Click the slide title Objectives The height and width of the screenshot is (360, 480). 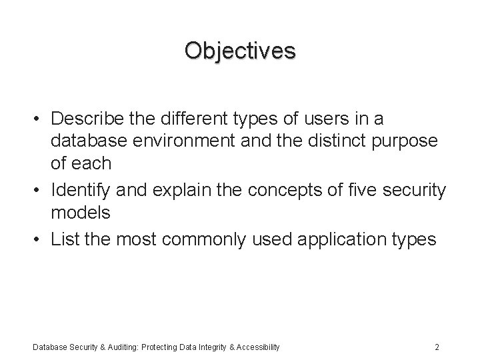click(x=240, y=51)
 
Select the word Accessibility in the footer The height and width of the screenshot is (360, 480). click(x=255, y=346)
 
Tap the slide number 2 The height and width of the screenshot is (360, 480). click(x=436, y=346)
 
